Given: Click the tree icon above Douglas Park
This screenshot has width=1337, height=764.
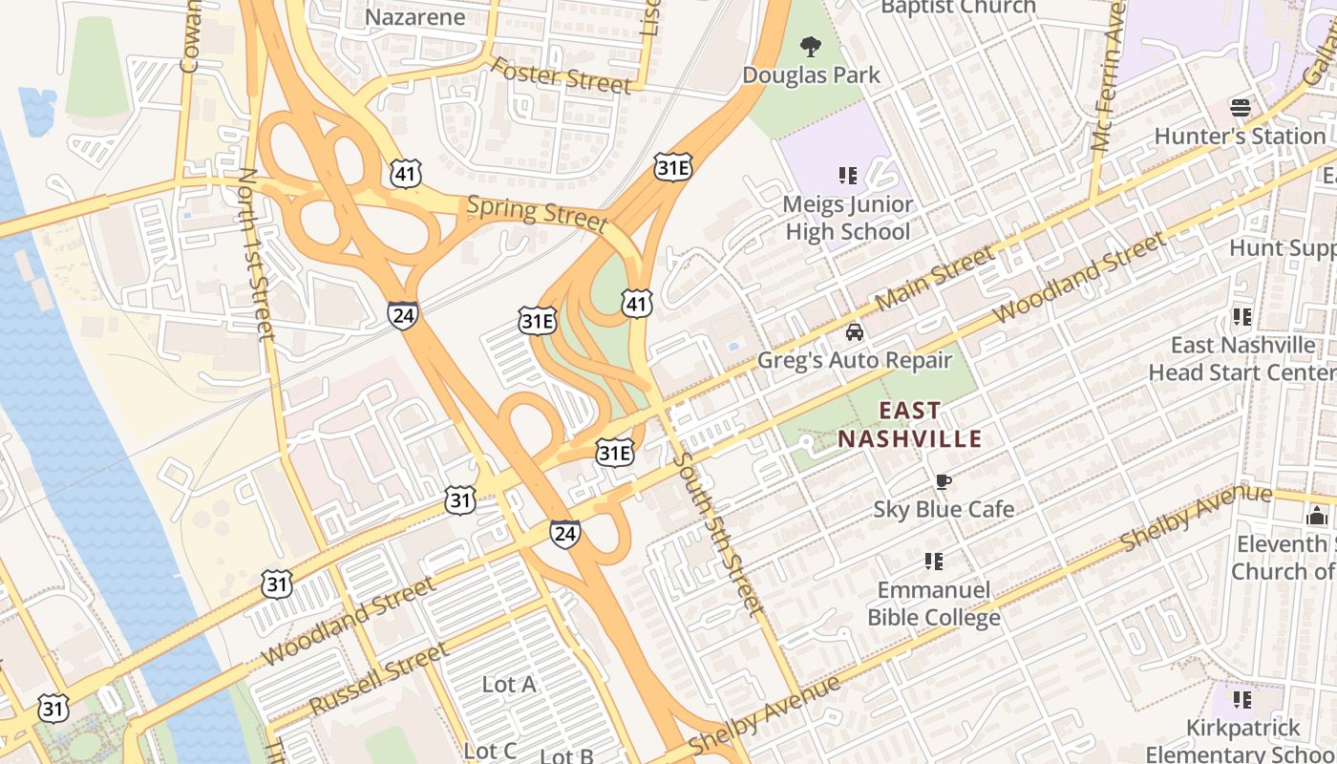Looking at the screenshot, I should (x=811, y=45).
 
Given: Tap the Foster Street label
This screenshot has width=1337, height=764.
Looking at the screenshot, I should (x=561, y=75).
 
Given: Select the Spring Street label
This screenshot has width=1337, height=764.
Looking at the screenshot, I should (x=537, y=213).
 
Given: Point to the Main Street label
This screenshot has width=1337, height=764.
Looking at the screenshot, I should (x=935, y=277).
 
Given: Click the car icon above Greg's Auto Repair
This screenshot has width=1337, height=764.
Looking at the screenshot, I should (x=855, y=332).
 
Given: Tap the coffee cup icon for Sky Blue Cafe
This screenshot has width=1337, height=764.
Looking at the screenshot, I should (x=943, y=481).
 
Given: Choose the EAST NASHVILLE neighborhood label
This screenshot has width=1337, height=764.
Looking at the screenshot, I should (x=909, y=425).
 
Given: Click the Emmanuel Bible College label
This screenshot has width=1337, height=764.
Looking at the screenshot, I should (x=933, y=604).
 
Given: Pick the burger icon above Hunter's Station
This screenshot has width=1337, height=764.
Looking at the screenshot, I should (x=1241, y=107).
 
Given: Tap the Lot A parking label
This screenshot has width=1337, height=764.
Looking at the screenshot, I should (x=509, y=684).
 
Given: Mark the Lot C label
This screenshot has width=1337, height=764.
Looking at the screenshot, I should (x=490, y=751).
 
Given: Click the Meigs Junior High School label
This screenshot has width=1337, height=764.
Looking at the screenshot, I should (x=847, y=218).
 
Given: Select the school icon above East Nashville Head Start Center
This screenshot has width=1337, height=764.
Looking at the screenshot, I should (x=1241, y=316).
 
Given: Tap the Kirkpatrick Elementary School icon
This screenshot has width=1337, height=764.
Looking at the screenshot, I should (x=1241, y=700).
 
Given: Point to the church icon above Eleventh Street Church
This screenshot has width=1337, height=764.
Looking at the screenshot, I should (x=1317, y=517).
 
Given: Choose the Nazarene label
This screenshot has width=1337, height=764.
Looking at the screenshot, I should (x=415, y=16).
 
